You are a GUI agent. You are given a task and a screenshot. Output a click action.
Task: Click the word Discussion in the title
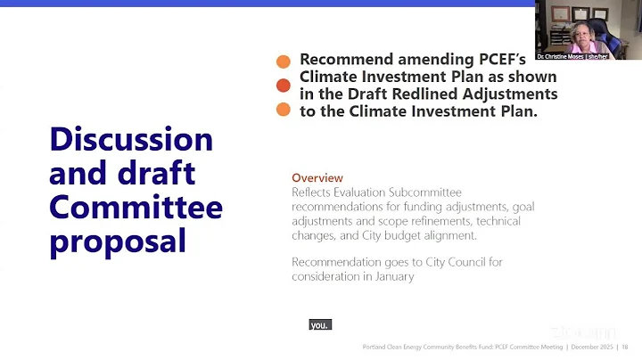(131, 139)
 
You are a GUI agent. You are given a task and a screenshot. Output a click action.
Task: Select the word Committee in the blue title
(136, 208)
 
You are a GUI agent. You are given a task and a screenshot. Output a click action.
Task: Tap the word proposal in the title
(118, 241)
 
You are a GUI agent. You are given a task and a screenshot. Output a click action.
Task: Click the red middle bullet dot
(284, 86)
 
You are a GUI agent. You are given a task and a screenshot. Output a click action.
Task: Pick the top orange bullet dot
(284, 61)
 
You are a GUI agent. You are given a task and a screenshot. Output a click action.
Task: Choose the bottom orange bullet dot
(284, 110)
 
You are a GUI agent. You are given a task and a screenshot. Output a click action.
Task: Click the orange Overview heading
(317, 178)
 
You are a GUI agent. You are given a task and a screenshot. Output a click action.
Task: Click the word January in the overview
(395, 276)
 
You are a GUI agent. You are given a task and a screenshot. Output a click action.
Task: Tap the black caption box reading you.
(319, 325)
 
